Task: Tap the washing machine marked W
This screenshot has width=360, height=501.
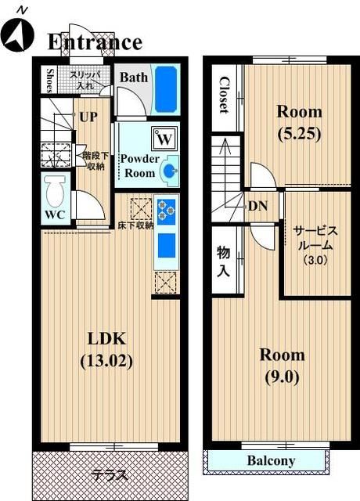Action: (x=164, y=139)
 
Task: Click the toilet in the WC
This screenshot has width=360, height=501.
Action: (x=55, y=192)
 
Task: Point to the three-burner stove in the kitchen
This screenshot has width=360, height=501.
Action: (x=166, y=209)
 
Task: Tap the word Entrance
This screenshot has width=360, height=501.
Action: (x=95, y=42)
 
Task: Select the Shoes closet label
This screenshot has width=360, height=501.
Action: (x=49, y=80)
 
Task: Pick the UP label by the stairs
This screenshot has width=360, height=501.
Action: (x=88, y=117)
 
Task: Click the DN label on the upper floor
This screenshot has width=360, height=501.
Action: (x=257, y=207)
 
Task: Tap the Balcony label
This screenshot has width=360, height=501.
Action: (x=271, y=461)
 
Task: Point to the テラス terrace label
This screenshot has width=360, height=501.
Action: (x=110, y=476)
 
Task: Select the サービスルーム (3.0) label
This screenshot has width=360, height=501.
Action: (x=315, y=245)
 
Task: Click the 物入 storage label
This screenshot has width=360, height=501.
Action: (x=223, y=261)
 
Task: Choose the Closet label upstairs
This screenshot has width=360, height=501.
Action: (x=224, y=95)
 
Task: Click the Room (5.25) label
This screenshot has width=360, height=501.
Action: (x=299, y=123)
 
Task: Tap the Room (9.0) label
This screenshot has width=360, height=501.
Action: (x=282, y=366)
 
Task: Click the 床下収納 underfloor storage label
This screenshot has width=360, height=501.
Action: (x=135, y=225)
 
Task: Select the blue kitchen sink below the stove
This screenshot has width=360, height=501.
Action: (x=167, y=245)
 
